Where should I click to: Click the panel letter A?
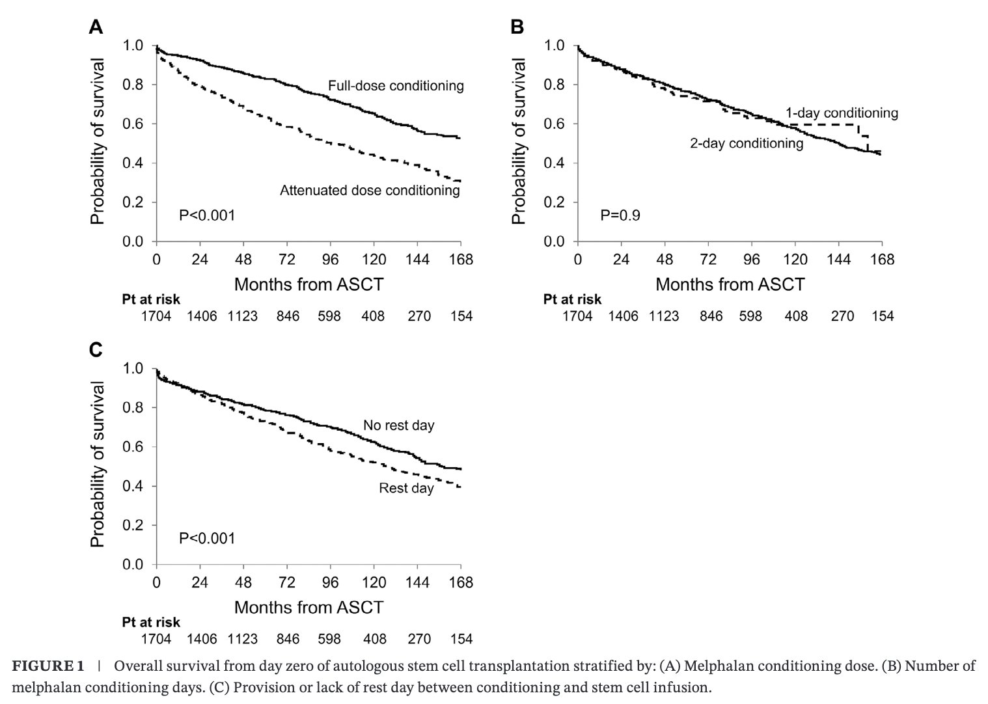click(x=96, y=27)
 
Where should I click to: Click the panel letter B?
click(x=517, y=27)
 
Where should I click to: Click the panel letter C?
click(x=96, y=350)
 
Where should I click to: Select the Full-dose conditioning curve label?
click(x=396, y=85)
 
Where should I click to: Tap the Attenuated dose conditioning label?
click(x=370, y=191)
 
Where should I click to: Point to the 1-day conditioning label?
click(x=842, y=113)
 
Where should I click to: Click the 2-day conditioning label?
click(x=747, y=143)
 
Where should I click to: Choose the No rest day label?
click(x=399, y=426)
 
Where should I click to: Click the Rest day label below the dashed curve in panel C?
click(x=406, y=489)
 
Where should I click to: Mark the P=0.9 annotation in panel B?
click(x=620, y=215)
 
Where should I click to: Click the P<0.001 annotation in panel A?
click(x=207, y=215)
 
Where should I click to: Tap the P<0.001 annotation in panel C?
click(x=207, y=539)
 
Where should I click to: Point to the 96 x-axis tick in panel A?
click(x=330, y=260)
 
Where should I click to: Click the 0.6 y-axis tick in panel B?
click(x=555, y=124)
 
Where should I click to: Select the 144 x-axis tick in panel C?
click(x=417, y=583)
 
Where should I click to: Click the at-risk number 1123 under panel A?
click(x=243, y=316)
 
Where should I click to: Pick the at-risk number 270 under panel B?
click(x=842, y=316)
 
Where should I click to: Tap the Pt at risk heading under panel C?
click(x=151, y=623)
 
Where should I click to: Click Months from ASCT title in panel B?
click(x=730, y=285)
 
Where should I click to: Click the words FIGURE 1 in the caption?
click(x=48, y=666)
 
